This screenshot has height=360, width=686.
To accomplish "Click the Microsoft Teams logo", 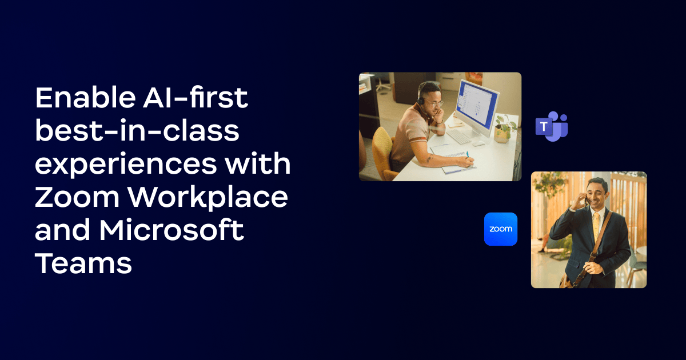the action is coord(552,126).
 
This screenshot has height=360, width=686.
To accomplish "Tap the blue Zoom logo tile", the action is coord(501,229).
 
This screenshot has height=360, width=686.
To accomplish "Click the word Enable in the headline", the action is coord(85,98).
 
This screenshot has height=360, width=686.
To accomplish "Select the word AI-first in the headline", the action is coord(196,98).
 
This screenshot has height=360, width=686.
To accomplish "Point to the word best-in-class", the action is coord(137,130).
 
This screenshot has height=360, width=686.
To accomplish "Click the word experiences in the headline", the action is coord(126,165).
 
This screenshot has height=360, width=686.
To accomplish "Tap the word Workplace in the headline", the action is coord(208,198).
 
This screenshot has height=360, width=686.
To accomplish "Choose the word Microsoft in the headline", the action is coord(171,230).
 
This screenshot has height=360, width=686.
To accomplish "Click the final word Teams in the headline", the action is coord(83,263).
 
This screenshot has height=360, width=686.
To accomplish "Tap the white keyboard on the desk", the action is coord(458,137).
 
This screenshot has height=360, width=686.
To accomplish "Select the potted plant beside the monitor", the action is coord(505,129).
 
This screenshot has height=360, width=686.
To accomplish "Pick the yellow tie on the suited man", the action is coord(596,226).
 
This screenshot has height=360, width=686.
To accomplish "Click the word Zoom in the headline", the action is coord(77,197).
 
